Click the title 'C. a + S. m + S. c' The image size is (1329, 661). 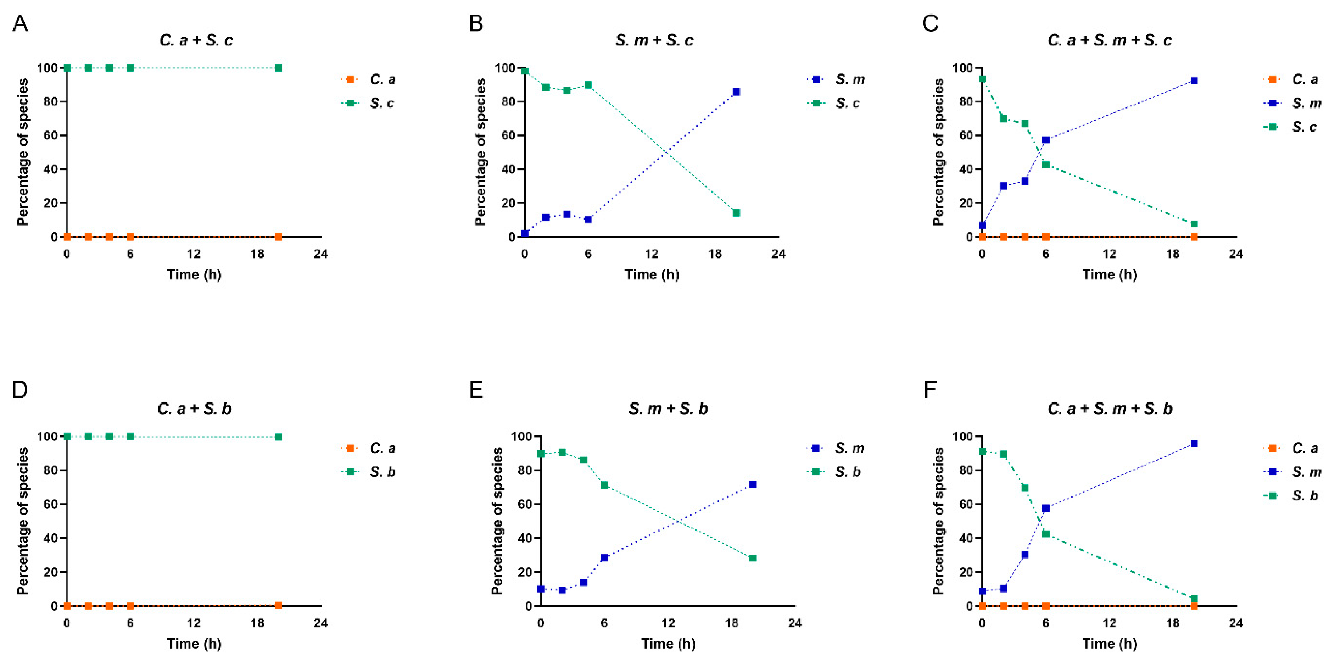click(x=1109, y=40)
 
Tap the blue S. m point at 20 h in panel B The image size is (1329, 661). click(x=736, y=92)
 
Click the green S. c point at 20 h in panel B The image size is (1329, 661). click(x=736, y=213)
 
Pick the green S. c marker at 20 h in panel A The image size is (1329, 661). click(x=279, y=68)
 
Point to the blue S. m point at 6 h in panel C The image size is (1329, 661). click(x=1046, y=140)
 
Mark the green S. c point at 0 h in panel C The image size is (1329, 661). click(x=982, y=79)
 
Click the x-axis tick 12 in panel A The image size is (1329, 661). click(x=194, y=254)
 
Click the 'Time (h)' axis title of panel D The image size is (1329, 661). click(x=194, y=644)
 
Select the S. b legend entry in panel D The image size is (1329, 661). click(x=382, y=472)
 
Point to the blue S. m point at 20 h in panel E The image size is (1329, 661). click(x=753, y=484)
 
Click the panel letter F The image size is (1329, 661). click(x=930, y=390)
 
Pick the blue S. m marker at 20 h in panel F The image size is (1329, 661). click(x=1194, y=444)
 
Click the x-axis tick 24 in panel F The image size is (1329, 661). click(x=1236, y=623)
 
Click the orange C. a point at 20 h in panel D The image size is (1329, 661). click(x=279, y=605)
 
